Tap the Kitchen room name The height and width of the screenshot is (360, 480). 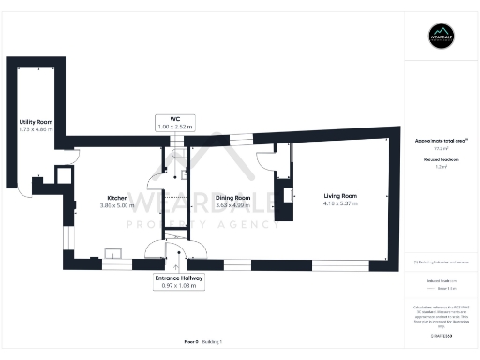point(117,198)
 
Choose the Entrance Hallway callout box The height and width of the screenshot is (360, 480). point(179,281)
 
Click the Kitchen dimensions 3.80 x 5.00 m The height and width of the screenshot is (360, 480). point(117,205)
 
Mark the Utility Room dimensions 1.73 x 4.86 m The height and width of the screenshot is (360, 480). point(35,129)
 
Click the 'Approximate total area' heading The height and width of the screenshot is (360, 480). point(442,139)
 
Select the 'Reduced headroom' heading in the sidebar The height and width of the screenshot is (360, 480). point(442,160)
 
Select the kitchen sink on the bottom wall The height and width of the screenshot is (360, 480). point(112,251)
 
